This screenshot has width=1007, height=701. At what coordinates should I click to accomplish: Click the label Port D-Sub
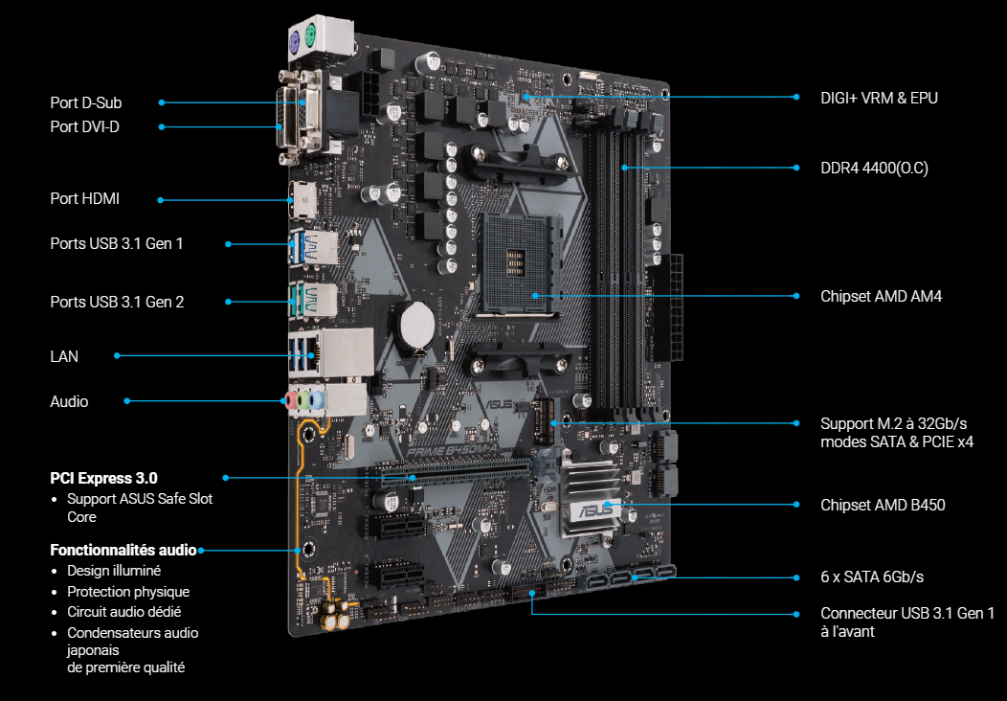pyautogui.click(x=86, y=102)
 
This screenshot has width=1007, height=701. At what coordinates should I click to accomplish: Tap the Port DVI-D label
pyautogui.click(x=85, y=126)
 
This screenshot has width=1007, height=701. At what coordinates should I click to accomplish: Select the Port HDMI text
pyautogui.click(x=85, y=198)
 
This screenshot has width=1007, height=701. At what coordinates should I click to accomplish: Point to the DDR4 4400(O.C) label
pyautogui.click(x=874, y=169)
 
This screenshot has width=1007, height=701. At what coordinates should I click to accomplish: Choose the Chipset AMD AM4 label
pyautogui.click(x=881, y=296)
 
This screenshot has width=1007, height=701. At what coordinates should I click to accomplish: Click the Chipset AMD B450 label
pyautogui.click(x=883, y=505)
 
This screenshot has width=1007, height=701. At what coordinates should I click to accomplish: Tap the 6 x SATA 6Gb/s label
pyautogui.click(x=871, y=577)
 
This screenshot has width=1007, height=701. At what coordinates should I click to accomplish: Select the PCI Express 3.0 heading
pyautogui.click(x=103, y=478)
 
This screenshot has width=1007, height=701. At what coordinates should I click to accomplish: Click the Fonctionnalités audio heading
pyautogui.click(x=123, y=550)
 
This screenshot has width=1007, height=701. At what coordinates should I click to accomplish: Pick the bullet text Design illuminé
pyautogui.click(x=114, y=571)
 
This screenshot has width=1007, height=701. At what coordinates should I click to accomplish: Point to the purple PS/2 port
pyautogui.click(x=295, y=44)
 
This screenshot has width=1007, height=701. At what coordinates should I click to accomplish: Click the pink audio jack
pyautogui.click(x=290, y=401)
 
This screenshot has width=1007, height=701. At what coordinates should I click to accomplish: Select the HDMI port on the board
pyautogui.click(x=301, y=200)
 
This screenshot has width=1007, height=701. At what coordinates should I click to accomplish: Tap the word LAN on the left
pyautogui.click(x=64, y=356)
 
